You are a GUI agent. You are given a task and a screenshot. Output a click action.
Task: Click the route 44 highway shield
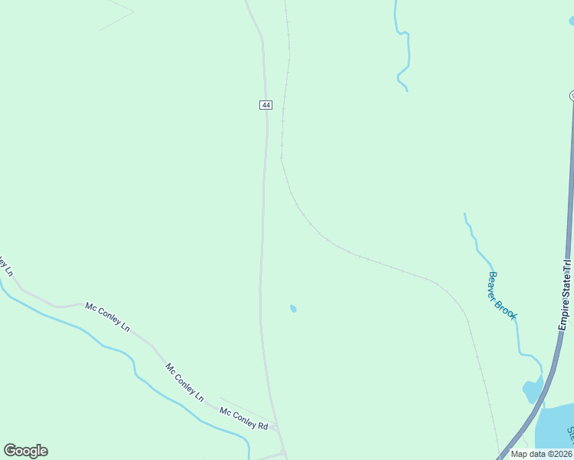coord(266,104)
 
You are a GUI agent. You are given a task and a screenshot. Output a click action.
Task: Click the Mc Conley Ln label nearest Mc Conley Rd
coord(184,382)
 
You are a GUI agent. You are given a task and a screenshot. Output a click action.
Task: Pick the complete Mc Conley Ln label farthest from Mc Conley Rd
coord(107,314)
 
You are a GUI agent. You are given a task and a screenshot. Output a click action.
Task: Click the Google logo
coord(25,451)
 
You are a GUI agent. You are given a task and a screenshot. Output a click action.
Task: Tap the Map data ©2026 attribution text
coord(541,454)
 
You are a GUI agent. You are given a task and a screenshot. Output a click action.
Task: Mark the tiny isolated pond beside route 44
coord(293,308)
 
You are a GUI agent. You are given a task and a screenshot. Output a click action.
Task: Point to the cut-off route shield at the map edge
coord(572,95)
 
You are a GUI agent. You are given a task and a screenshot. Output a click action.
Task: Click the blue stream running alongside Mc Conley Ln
coord(115,349)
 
